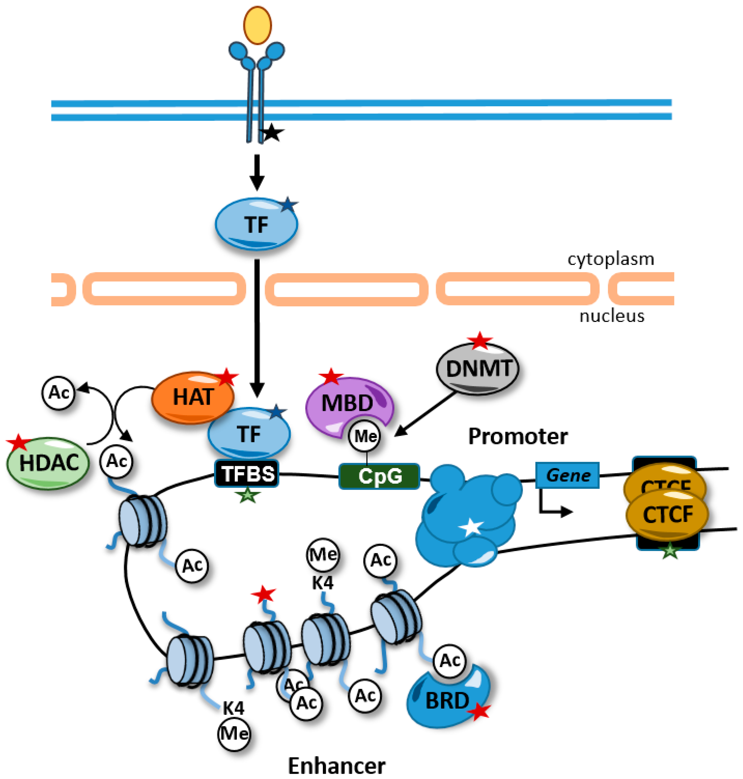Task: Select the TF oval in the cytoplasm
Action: click(x=256, y=224)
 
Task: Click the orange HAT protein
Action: click(x=193, y=397)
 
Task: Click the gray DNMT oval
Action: click(x=478, y=369)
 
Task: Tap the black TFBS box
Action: click(x=247, y=473)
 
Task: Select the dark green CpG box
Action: click(x=379, y=476)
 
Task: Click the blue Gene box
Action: click(x=567, y=475)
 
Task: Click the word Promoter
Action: click(x=518, y=436)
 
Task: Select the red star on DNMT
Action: click(x=480, y=341)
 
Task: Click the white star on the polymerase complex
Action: click(x=472, y=527)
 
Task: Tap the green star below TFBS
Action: click(x=247, y=495)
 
